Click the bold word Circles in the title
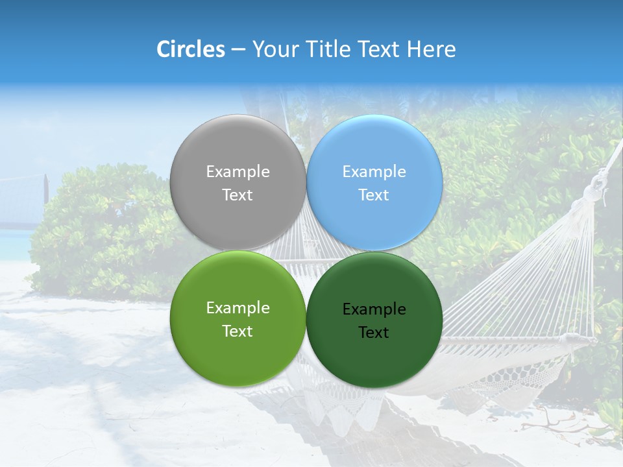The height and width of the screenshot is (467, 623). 191,49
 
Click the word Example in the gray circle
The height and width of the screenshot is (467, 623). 238,172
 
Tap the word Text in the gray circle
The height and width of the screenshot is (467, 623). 238,195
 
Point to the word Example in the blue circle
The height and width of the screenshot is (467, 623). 374,172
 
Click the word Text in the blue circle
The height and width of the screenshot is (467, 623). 374,195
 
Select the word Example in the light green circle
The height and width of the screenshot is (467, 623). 238,308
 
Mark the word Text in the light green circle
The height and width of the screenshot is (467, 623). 238,331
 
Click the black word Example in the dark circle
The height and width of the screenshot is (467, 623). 374,309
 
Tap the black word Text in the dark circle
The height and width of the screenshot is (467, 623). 374,333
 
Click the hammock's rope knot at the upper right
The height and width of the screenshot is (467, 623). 594,190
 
